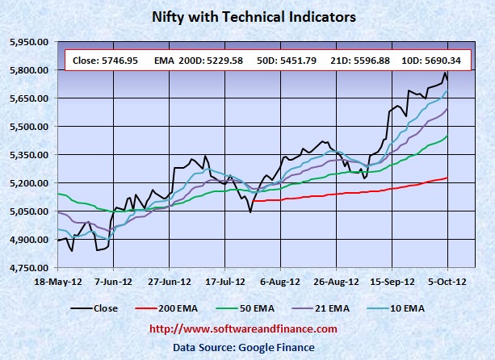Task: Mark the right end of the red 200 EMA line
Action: click(x=447, y=178)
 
